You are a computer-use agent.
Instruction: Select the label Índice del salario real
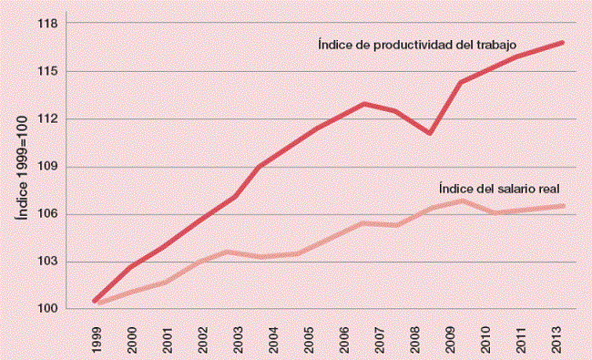[498, 189]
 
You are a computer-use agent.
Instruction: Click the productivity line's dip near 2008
[428, 133]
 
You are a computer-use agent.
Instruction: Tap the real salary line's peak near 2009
[464, 201]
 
